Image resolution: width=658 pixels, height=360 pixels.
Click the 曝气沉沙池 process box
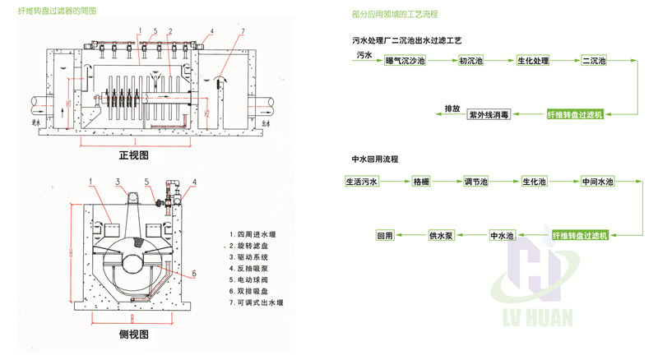[x=405, y=62]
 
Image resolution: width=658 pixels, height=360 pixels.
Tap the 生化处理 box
[x=532, y=62]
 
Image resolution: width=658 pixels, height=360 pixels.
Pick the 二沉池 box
[x=594, y=62]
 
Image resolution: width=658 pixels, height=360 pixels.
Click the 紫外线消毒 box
[x=489, y=115]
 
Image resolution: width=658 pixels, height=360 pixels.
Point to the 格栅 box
[x=422, y=182]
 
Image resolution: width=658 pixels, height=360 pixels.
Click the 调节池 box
[x=476, y=182]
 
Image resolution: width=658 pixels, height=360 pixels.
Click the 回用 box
[x=386, y=236]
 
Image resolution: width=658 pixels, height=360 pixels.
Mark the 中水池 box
[x=502, y=236]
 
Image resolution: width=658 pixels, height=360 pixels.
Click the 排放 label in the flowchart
[x=452, y=108]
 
